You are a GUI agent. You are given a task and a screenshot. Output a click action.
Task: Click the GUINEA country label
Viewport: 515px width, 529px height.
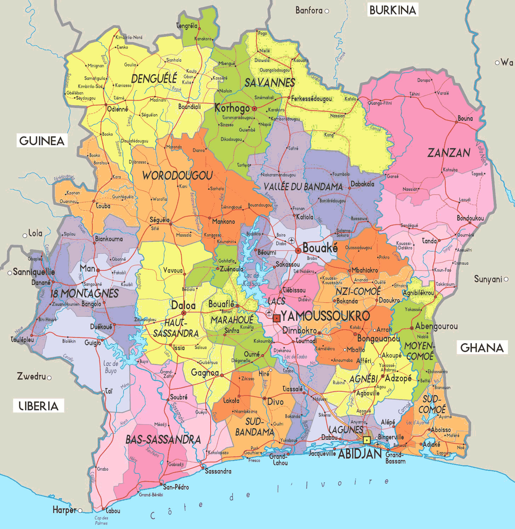42,141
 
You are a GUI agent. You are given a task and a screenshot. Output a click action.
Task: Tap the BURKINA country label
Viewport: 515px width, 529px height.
393,10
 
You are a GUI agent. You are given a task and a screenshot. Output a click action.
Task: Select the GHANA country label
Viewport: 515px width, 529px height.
482,347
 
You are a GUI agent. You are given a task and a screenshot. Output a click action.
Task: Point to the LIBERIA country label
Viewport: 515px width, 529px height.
39,406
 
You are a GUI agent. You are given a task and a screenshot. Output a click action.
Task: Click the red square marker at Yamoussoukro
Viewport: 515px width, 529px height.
276,318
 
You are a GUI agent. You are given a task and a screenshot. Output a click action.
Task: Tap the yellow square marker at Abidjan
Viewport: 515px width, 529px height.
367,440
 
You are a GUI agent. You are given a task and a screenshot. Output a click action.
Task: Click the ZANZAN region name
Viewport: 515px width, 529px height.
449,153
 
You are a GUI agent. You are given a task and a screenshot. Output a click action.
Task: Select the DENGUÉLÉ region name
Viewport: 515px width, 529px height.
154,78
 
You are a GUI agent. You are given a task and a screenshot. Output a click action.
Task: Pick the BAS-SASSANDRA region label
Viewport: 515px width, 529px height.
163,439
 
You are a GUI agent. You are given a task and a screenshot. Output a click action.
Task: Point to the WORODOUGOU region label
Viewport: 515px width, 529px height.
177,175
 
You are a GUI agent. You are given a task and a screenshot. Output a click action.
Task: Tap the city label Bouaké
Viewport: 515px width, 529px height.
320,248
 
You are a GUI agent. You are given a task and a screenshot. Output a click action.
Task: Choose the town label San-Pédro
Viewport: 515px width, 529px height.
176,487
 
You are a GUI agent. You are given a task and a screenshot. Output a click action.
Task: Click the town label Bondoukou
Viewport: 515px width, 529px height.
470,218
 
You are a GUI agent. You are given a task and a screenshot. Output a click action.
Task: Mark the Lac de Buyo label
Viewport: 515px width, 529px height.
111,367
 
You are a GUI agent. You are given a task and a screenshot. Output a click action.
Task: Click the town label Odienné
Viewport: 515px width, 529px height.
118,109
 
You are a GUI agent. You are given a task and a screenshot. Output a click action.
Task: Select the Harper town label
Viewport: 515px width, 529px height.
64,510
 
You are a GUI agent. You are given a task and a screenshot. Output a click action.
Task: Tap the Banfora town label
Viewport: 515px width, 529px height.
309,11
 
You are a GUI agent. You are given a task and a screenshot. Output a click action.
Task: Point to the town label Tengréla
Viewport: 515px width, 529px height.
187,25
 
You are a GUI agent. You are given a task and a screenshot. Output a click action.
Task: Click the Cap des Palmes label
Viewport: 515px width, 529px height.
101,520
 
